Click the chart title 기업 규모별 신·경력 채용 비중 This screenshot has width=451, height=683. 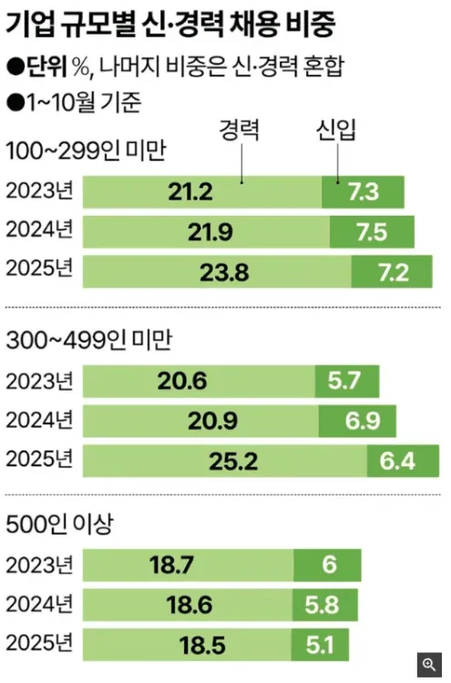[x=170, y=25]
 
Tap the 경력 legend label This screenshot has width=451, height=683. [x=240, y=130]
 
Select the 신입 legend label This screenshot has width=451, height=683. [x=336, y=130]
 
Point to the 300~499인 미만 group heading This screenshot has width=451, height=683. [x=89, y=341]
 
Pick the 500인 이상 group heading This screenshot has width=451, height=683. [x=59, y=524]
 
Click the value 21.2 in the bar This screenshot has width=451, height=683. [x=190, y=192]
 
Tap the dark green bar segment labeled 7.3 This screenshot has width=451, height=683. [x=363, y=192]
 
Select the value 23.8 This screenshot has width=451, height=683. [x=224, y=272]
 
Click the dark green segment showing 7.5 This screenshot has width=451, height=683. [x=372, y=231]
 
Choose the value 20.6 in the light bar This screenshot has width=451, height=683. [x=182, y=382]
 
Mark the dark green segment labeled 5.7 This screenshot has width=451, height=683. [x=347, y=382]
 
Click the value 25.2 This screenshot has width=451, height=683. [x=233, y=462]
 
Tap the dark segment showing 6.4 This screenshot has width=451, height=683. [x=403, y=462]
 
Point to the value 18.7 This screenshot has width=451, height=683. [x=171, y=566]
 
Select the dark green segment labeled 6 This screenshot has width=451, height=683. [x=327, y=566]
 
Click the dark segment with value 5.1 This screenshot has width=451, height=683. [x=321, y=645]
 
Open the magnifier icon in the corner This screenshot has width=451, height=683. [x=429, y=665]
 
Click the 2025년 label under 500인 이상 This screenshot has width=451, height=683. [x=39, y=644]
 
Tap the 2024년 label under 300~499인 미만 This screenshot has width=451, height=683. [x=39, y=420]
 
